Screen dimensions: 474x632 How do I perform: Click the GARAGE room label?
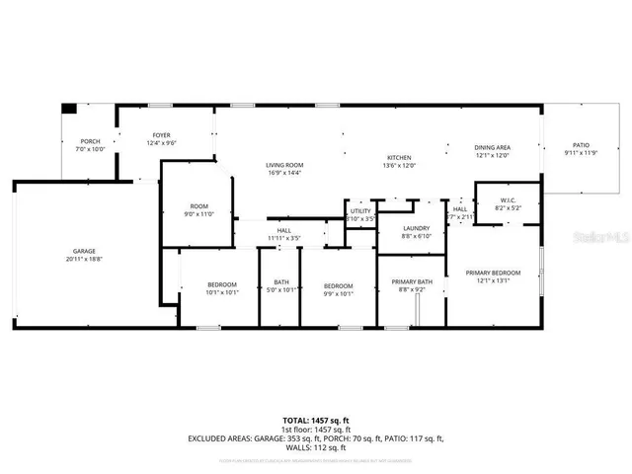(83, 251)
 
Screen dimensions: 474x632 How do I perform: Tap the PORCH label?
(90, 142)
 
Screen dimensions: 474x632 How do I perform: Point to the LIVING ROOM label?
(283, 165)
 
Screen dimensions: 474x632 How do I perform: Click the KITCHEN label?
(399, 158)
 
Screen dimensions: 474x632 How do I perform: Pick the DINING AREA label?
(492, 147)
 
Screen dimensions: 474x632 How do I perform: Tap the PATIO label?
(581, 144)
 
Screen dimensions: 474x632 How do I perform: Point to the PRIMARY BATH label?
(412, 282)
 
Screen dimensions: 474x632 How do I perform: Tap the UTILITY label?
(359, 211)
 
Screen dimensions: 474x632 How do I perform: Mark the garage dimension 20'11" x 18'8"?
(83, 259)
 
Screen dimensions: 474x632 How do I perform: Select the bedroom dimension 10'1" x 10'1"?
(221, 291)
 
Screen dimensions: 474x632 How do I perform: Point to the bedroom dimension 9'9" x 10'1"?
(339, 291)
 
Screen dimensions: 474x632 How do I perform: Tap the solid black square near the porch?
(68, 109)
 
